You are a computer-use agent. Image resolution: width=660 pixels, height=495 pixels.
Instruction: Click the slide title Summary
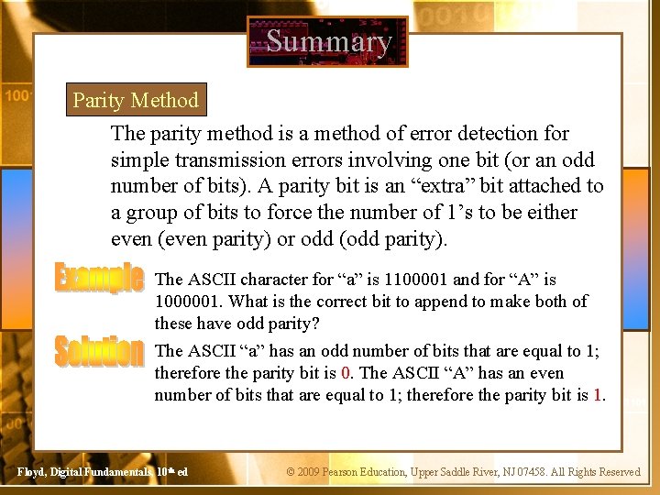(328, 41)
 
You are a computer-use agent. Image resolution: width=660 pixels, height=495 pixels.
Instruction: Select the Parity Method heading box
(136, 100)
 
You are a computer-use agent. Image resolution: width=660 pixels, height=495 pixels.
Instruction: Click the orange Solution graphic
(99, 350)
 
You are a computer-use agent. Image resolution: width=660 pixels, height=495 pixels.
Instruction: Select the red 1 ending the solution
(598, 395)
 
